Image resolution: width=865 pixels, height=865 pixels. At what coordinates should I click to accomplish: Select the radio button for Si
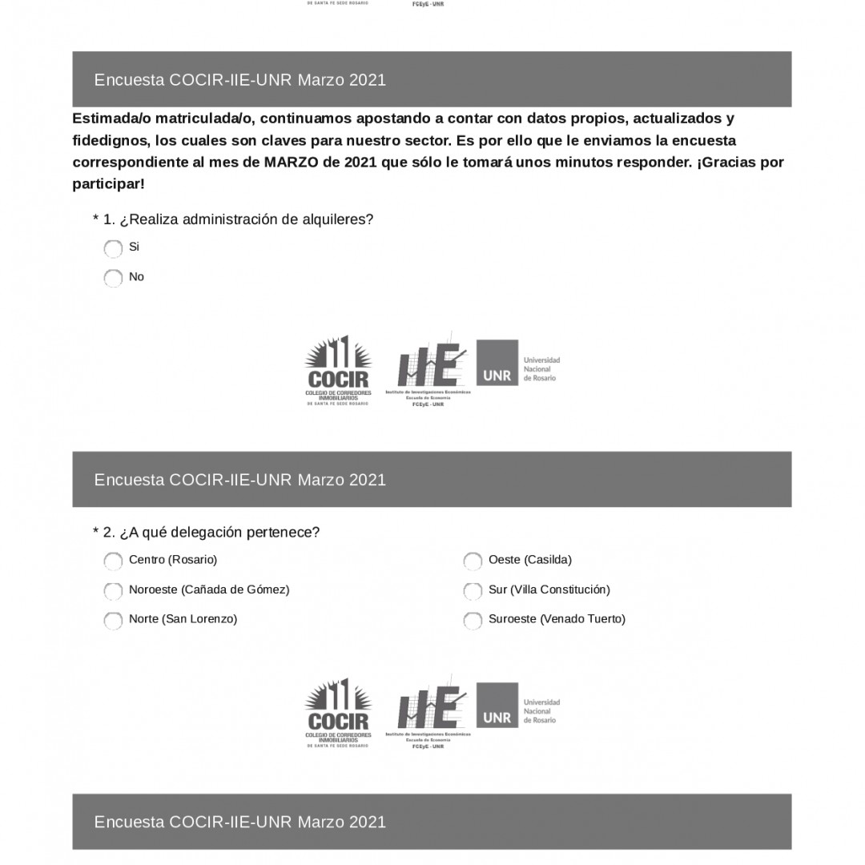[x=113, y=248]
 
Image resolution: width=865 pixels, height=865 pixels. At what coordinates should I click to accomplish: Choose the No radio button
[x=113, y=278]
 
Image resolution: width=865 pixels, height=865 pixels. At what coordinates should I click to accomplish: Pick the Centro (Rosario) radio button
[x=113, y=561]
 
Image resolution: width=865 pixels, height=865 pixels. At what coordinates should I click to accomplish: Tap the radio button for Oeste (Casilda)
[x=473, y=561]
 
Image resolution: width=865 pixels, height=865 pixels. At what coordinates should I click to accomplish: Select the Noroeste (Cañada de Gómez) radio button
[x=113, y=590]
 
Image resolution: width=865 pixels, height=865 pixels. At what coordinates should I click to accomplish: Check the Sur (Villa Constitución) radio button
[x=473, y=590]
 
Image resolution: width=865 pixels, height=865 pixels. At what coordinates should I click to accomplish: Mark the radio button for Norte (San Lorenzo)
[x=113, y=620]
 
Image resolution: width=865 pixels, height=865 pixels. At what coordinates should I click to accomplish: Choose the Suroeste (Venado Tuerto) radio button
[x=473, y=620]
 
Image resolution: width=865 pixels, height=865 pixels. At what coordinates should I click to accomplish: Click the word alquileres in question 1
[x=337, y=219]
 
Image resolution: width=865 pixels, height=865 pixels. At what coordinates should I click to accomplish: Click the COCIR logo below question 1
[x=338, y=370]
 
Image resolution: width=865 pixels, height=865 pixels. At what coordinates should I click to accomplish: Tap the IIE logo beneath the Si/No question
[x=429, y=370]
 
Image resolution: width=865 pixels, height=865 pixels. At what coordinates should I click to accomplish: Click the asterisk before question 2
[x=96, y=532]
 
